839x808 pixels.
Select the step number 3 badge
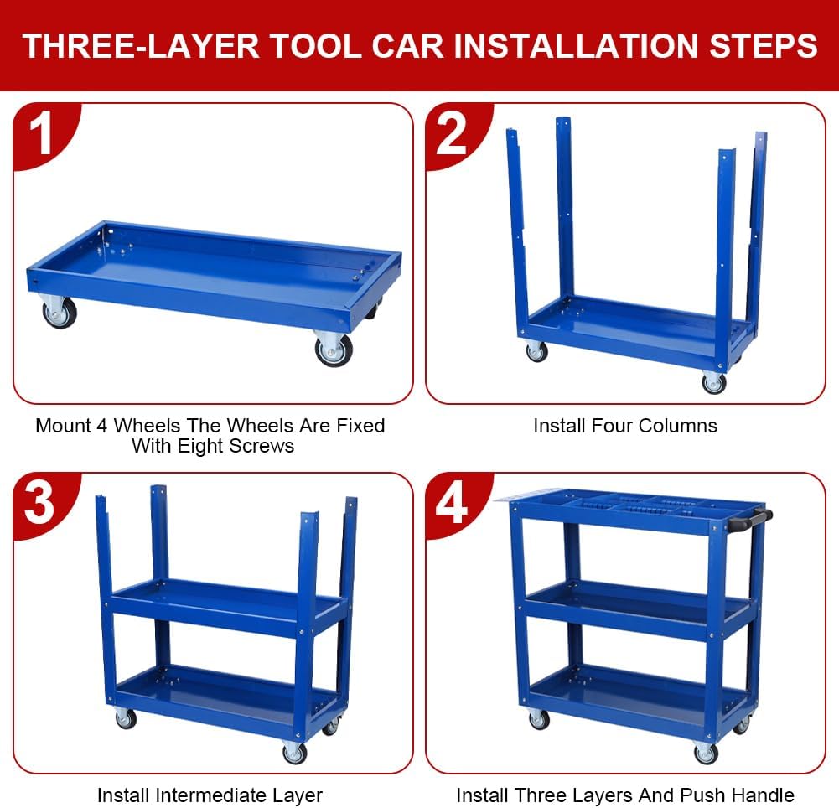pyautogui.click(x=39, y=503)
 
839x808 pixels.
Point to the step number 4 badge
pyautogui.click(x=452, y=503)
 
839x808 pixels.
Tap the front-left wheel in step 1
pyautogui.click(x=60, y=313)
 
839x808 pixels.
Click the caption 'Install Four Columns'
pyautogui.click(x=625, y=426)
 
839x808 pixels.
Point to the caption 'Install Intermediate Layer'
pyautogui.click(x=210, y=795)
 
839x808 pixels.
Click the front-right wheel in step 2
pyautogui.click(x=713, y=383)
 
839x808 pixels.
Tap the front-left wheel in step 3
pyautogui.click(x=125, y=718)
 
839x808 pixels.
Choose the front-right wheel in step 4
pyautogui.click(x=706, y=754)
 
